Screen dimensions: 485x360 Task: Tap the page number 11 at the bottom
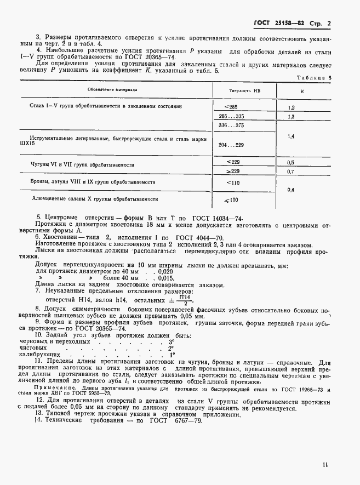tap(325, 465)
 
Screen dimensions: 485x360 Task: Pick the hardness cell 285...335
tap(231, 117)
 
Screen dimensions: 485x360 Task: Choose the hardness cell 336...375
tap(231, 126)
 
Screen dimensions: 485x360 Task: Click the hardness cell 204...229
tap(231, 145)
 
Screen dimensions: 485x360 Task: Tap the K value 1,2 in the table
tap(291, 107)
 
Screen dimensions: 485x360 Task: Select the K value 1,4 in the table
tap(291, 135)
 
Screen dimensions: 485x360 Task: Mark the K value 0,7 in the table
tap(291, 172)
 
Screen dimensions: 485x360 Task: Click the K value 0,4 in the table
tap(291, 190)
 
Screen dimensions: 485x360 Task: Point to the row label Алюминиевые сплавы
tap(96, 199)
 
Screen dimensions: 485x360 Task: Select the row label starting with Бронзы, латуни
tap(93, 181)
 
